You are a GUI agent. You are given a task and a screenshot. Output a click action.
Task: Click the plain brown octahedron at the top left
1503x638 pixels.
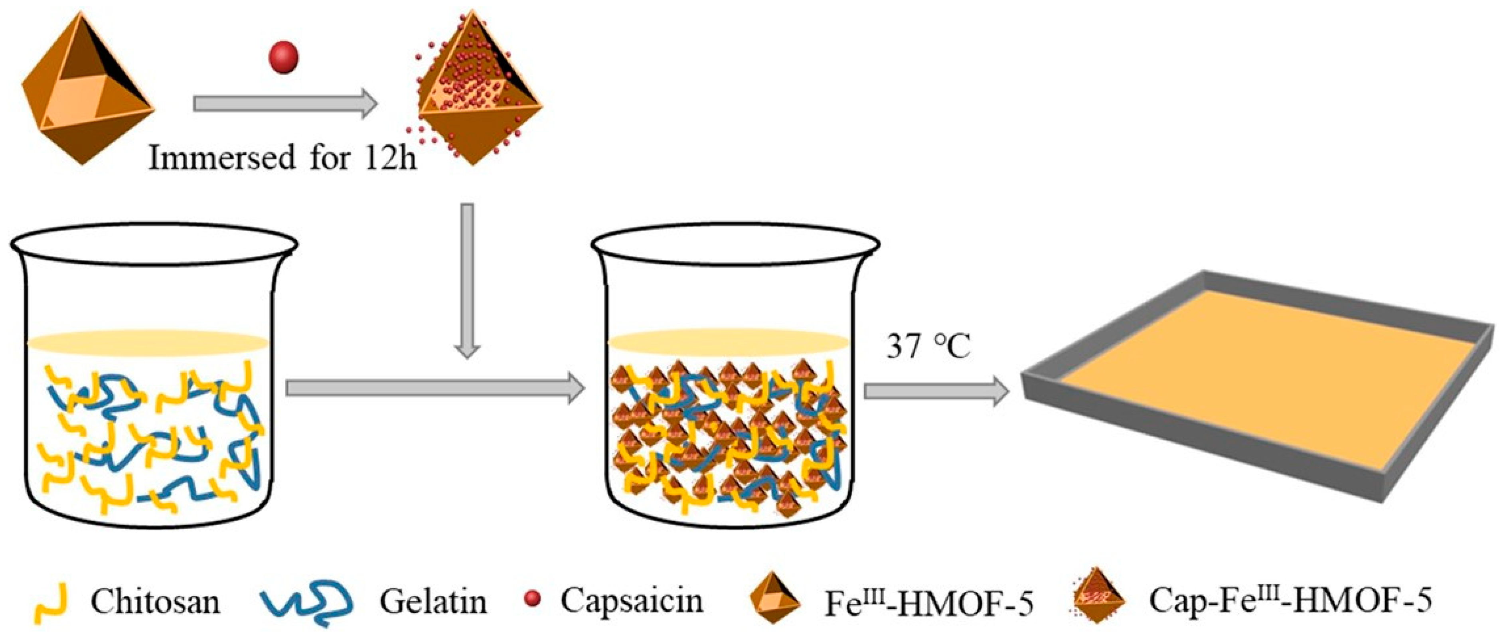pos(87,87)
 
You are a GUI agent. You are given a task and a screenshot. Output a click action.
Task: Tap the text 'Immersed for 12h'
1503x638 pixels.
pos(283,158)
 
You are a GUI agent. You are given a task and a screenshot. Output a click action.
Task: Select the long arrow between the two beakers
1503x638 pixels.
pos(435,389)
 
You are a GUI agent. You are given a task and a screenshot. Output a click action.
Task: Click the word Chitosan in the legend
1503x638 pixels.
pos(155,601)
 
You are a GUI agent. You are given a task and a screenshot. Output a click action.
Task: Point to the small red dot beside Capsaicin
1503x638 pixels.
pos(532,599)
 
